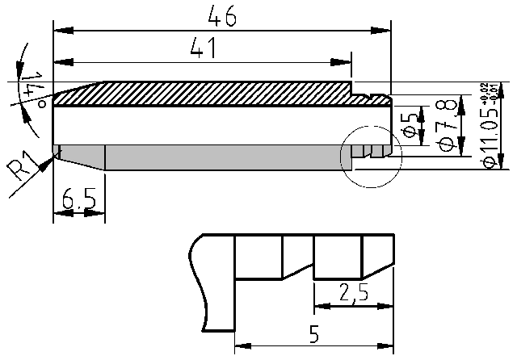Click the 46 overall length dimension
click(x=222, y=16)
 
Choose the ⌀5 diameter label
click(x=410, y=126)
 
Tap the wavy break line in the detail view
click(x=196, y=283)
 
